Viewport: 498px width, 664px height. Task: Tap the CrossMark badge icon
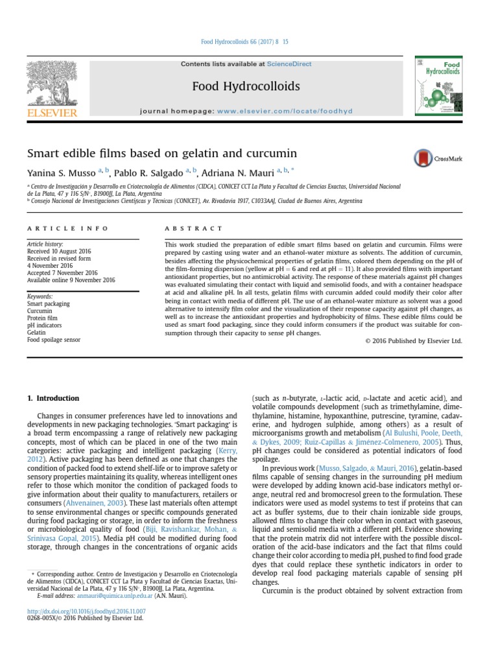(x=423, y=158)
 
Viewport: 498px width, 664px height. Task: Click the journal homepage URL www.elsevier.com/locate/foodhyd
(x=285, y=111)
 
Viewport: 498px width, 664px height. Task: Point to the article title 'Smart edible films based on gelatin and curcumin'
(x=161, y=154)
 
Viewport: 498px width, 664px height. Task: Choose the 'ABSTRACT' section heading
(x=194, y=228)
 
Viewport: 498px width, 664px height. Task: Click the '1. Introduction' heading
(x=53, y=398)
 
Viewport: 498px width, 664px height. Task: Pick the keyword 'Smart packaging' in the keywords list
(x=48, y=303)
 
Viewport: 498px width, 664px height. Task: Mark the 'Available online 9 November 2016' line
(x=71, y=280)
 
